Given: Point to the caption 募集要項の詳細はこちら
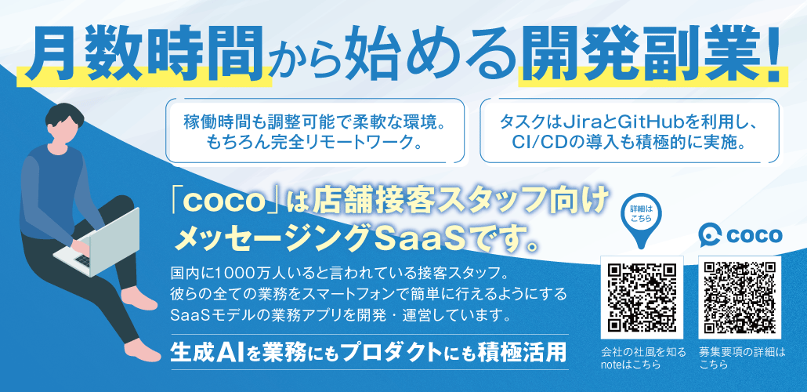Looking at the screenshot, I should [x=740, y=358].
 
